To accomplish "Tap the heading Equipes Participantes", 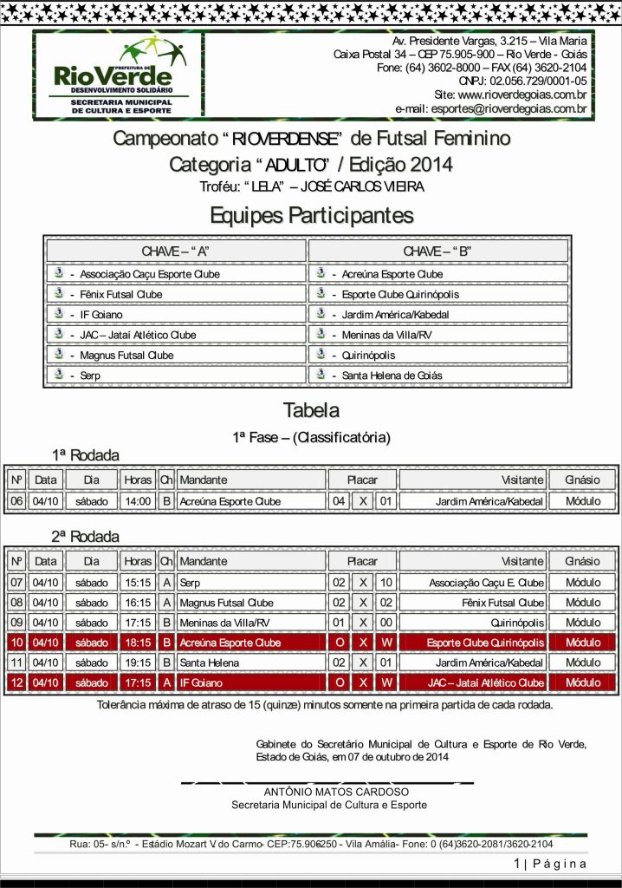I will [311, 215].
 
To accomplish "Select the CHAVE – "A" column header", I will [176, 251].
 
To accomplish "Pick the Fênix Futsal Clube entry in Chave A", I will [120, 294].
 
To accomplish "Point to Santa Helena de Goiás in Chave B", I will [392, 375].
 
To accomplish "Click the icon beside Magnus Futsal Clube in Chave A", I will [60, 355].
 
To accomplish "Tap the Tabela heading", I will [311, 410].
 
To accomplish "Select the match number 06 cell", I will [16, 501].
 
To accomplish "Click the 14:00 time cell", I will [137, 501].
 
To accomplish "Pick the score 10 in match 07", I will [386, 583].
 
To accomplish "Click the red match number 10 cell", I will [16, 643].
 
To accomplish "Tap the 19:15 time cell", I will [137, 663].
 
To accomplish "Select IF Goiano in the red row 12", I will [201, 682].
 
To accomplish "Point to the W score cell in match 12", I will [386, 682].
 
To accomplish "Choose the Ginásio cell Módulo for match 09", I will [582, 623].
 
